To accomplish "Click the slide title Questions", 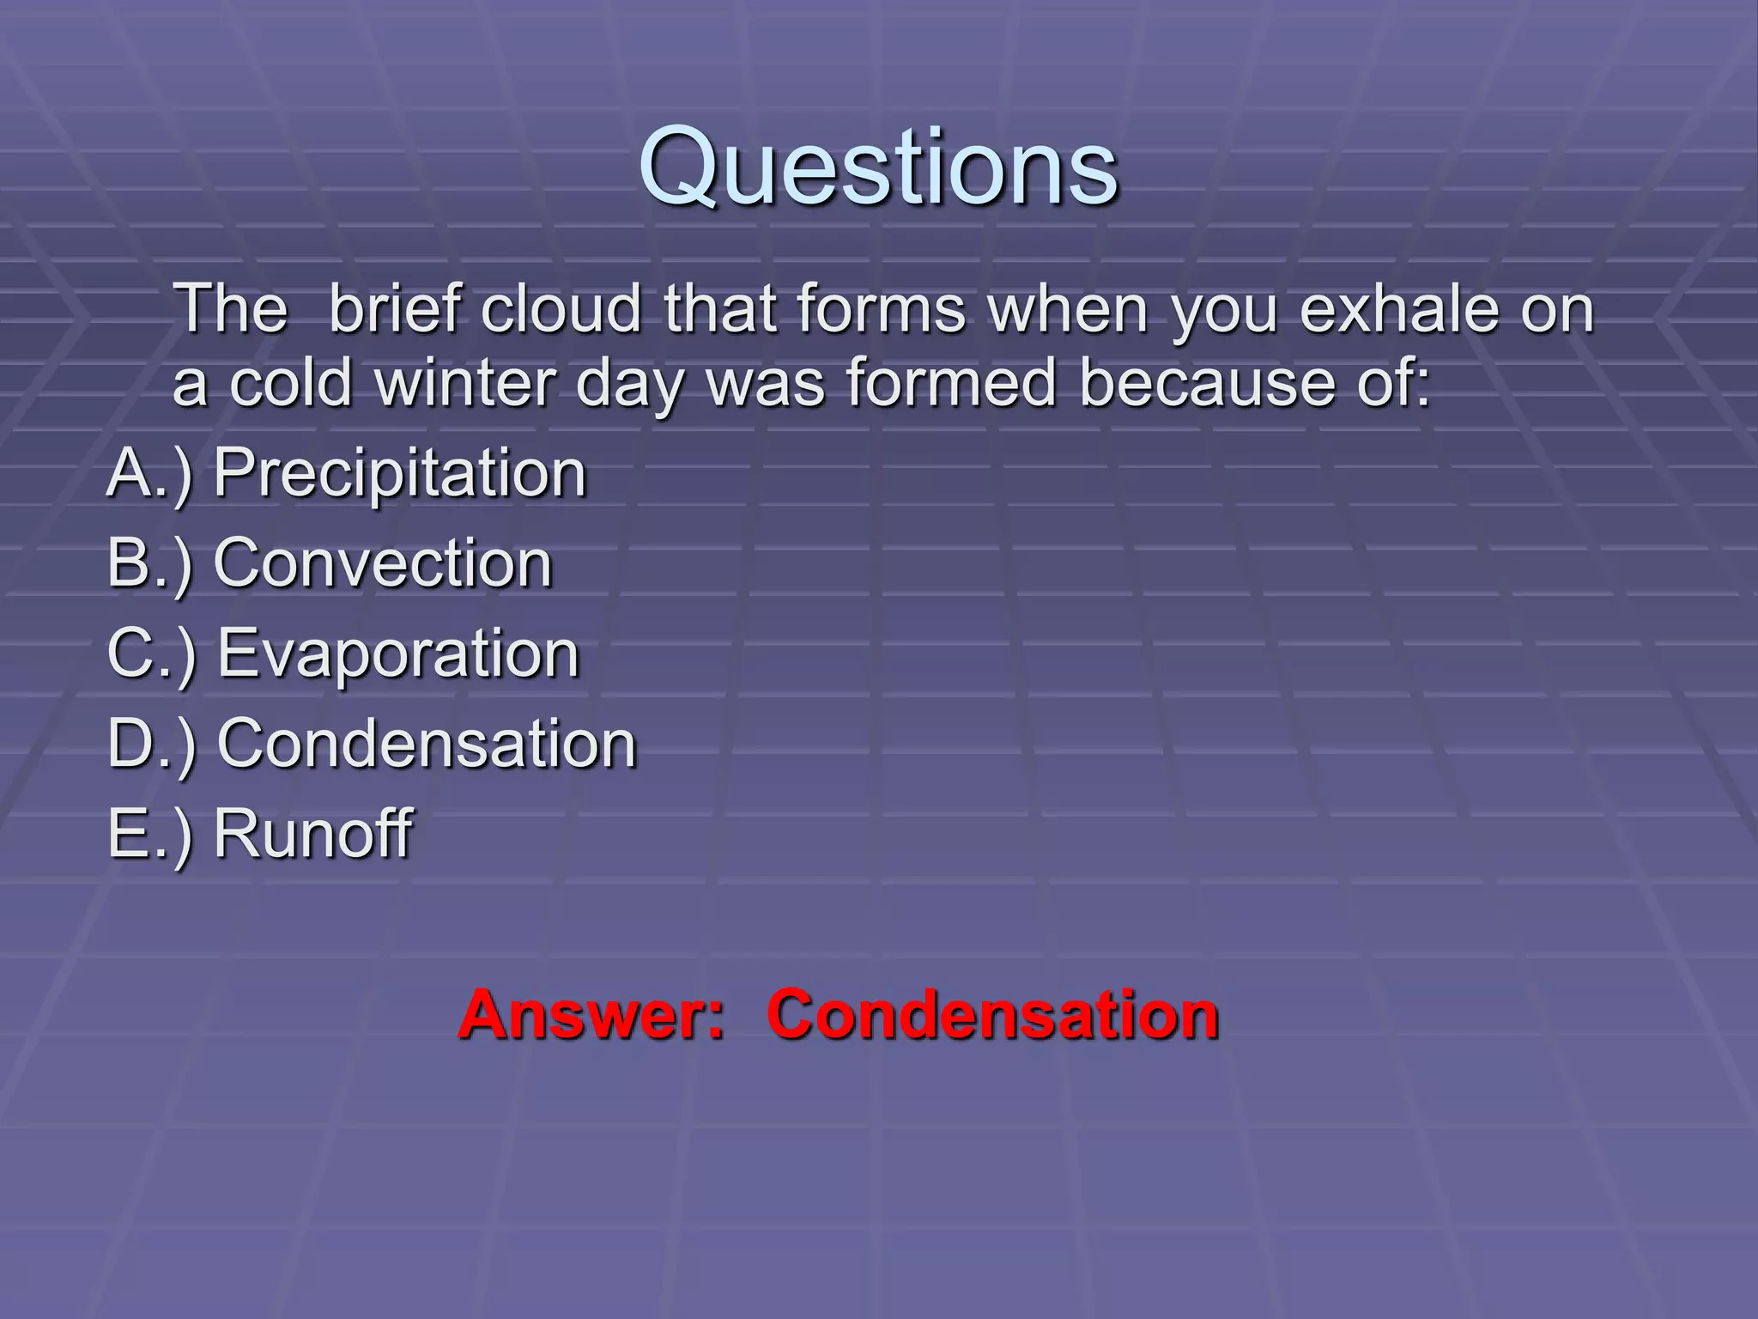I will click(878, 167).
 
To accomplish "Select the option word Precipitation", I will click(399, 473).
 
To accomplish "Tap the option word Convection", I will click(382, 564).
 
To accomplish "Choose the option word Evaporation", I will click(398, 654).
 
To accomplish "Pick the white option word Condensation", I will click(427, 744).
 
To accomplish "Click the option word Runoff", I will click(312, 833).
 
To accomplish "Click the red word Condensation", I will click(992, 1015).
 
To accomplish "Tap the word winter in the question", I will click(464, 383).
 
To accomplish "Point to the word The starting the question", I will click(231, 309).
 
